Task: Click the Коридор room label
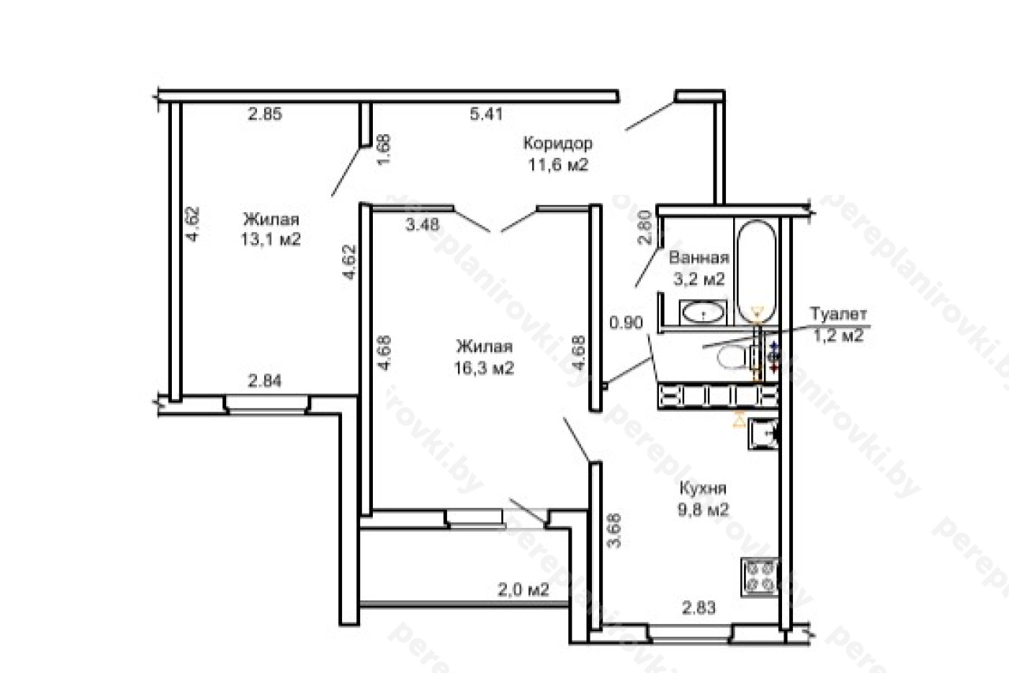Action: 557,144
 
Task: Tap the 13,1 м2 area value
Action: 270,239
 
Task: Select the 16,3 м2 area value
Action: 484,368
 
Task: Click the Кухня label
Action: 702,488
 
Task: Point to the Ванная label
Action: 699,258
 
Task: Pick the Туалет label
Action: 838,314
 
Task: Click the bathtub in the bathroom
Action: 757,271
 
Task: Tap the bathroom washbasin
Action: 702,312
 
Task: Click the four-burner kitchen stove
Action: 760,578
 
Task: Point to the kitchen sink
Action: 764,434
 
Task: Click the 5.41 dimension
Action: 486,114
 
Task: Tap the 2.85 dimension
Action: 265,114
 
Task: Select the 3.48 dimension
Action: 422,225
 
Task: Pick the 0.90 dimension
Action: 626,323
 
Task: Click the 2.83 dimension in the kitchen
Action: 698,608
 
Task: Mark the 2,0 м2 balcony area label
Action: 523,589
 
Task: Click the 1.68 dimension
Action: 384,150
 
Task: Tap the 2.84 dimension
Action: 265,381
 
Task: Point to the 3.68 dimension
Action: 614,530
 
